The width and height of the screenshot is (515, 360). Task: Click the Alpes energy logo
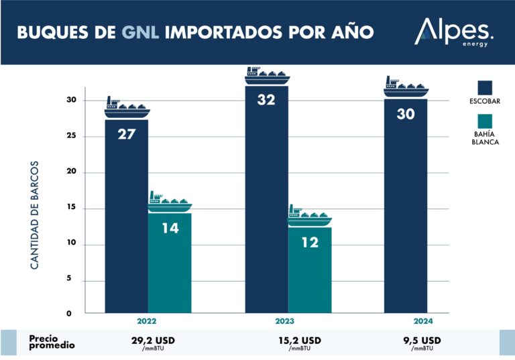[x=453, y=32]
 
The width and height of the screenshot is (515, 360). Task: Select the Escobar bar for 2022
[x=126, y=215]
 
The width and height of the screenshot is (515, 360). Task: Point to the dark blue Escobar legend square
[x=485, y=88]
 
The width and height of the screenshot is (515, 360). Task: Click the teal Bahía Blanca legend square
[x=485, y=121]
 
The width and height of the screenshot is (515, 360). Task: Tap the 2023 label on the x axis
[x=285, y=321]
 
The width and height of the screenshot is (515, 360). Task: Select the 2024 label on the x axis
[x=422, y=321]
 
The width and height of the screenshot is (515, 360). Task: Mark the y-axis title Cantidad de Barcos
[x=34, y=215]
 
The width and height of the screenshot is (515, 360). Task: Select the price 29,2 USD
[x=153, y=341]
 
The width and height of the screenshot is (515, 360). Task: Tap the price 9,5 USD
[x=422, y=341]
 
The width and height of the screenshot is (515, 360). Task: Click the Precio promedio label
[x=52, y=342]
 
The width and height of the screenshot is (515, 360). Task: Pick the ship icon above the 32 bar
[x=267, y=76]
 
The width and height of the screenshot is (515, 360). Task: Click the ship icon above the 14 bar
[x=170, y=202]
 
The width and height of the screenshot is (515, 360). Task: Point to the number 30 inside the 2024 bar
[x=406, y=114]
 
